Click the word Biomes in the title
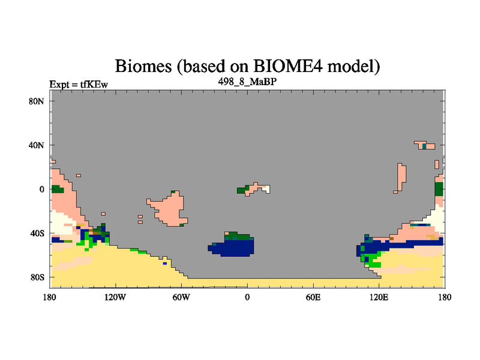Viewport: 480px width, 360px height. [x=143, y=66]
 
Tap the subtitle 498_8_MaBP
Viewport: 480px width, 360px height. [x=247, y=82]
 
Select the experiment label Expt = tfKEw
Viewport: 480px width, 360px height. [x=79, y=85]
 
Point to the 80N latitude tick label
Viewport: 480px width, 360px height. [x=36, y=101]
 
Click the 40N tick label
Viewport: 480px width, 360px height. [x=36, y=145]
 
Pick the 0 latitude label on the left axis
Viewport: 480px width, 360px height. [x=41, y=190]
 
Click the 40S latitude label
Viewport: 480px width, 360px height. [x=37, y=233]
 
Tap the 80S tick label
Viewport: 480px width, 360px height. [x=37, y=277]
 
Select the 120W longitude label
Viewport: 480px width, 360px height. [x=115, y=297]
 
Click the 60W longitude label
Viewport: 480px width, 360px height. [x=181, y=297]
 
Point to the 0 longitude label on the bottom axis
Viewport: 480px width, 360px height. [x=247, y=297]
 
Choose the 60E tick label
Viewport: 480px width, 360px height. [x=313, y=297]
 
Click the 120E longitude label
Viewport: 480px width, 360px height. [x=379, y=297]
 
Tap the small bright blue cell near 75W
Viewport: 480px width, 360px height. [x=165, y=263]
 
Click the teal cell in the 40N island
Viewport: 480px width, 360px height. [x=424, y=146]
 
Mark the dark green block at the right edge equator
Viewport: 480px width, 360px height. [x=439, y=189]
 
